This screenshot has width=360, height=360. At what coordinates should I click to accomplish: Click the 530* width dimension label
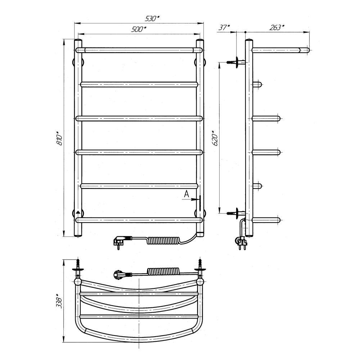pos(152,18)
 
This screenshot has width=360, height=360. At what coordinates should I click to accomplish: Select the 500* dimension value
pos(139,29)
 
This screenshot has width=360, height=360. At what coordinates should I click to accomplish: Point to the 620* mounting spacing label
pos(215,138)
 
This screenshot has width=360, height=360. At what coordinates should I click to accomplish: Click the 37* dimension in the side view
pos(224,28)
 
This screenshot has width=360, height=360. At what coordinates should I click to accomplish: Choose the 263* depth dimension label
pos(276,28)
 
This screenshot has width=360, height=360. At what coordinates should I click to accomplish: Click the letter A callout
pos(186,194)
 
